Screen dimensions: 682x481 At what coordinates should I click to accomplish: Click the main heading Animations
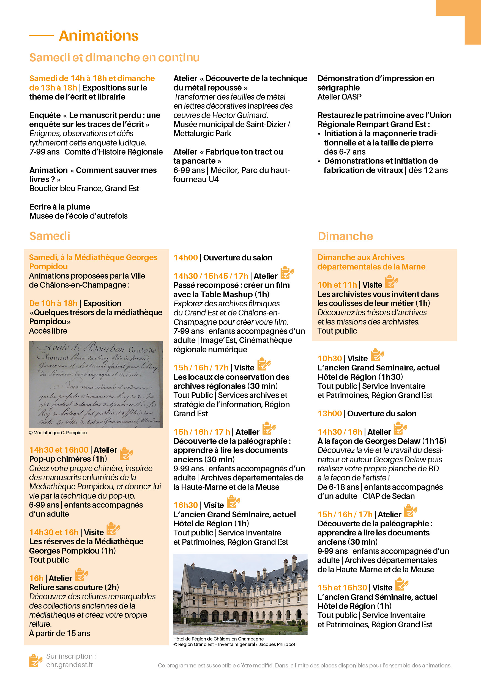tap(99, 36)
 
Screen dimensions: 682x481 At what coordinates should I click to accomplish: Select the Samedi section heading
tap(50, 236)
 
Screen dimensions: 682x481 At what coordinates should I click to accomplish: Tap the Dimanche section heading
tap(345, 237)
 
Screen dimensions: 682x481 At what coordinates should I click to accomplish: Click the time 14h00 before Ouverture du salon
tap(185, 258)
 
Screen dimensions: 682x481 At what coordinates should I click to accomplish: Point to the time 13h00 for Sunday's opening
tap(330, 414)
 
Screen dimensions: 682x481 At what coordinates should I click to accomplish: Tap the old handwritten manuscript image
tap(96, 384)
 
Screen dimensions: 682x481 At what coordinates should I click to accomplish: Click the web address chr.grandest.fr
tap(70, 665)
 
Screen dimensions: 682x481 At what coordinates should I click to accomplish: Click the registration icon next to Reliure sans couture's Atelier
tap(81, 575)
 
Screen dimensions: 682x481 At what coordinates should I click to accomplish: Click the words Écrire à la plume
tap(60, 207)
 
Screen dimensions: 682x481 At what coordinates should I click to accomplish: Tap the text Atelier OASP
tap(340, 97)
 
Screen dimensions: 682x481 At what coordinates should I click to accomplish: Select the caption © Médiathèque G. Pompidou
tap(58, 433)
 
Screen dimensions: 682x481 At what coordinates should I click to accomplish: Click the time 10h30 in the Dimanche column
tap(330, 359)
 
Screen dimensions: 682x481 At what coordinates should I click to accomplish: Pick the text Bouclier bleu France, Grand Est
tap(84, 189)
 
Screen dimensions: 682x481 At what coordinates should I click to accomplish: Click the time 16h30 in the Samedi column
tap(185, 505)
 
